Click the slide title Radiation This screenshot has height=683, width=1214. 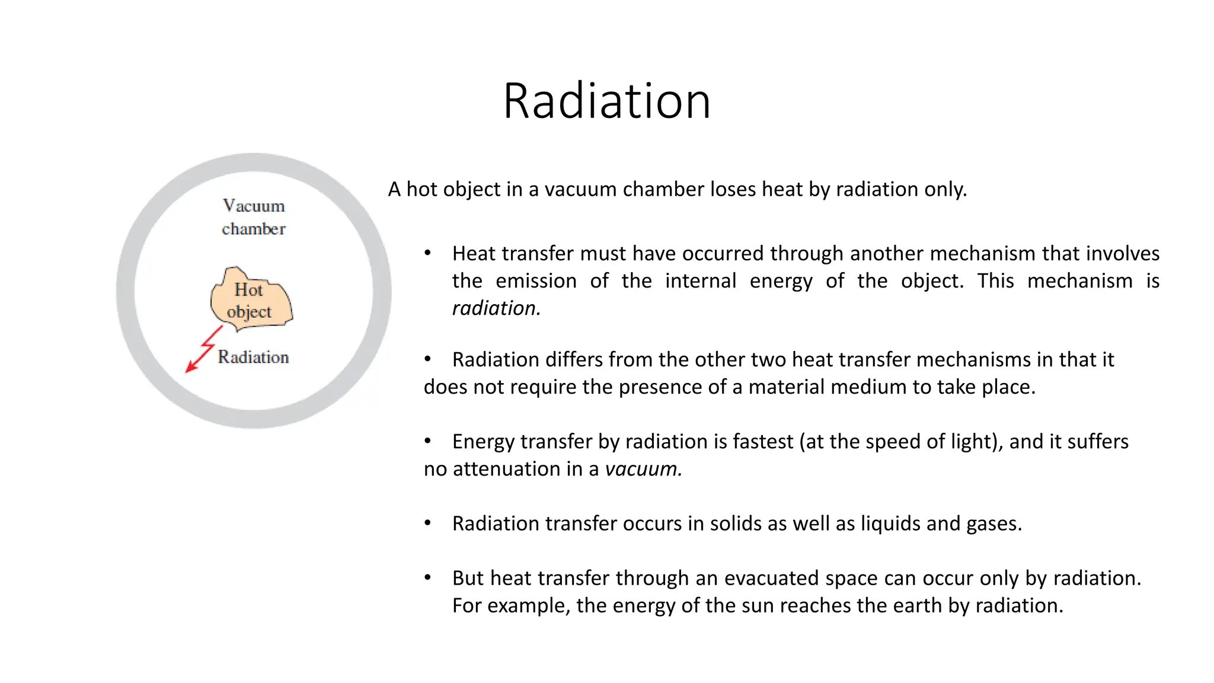606,101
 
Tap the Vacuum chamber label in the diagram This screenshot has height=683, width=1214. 254,217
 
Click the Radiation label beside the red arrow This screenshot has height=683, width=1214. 253,357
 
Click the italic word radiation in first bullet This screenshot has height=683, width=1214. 494,308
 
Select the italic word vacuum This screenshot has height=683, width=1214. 642,469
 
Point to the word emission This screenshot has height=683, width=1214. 536,281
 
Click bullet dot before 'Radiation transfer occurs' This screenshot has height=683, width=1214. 427,523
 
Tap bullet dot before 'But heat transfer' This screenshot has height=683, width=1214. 427,577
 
